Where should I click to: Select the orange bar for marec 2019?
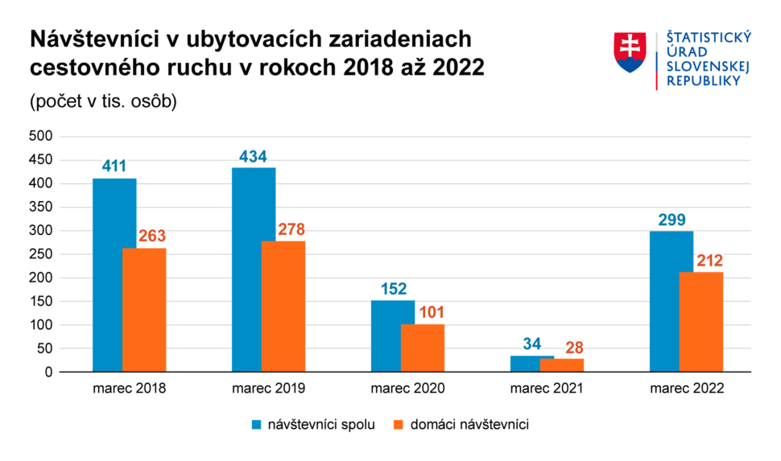(x=283, y=306)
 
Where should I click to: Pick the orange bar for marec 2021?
(x=562, y=365)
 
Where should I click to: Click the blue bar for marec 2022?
(x=664, y=301)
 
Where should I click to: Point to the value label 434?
(x=253, y=157)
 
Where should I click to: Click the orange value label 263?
(x=151, y=237)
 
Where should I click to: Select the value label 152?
(x=393, y=290)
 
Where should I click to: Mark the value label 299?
(x=671, y=220)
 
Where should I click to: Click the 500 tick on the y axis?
(x=41, y=137)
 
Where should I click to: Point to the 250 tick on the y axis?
(x=41, y=254)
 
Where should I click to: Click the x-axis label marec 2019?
(x=269, y=389)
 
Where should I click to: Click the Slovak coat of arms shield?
(x=630, y=53)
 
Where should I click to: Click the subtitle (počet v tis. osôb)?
(x=103, y=103)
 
